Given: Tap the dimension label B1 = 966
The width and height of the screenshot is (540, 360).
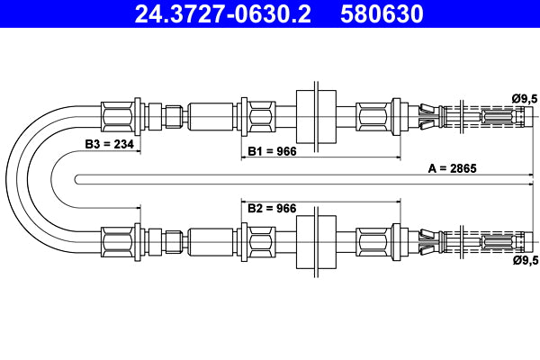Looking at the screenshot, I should (x=272, y=150).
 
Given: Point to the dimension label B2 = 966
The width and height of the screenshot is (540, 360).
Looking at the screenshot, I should (x=272, y=209).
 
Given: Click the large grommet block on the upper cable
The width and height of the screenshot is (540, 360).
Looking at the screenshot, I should (x=316, y=116).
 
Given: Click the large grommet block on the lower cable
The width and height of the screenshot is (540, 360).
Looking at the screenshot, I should (x=316, y=241).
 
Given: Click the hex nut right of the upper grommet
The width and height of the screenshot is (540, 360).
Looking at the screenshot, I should (x=373, y=116).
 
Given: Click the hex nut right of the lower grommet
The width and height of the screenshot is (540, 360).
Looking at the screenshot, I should (x=373, y=241).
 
